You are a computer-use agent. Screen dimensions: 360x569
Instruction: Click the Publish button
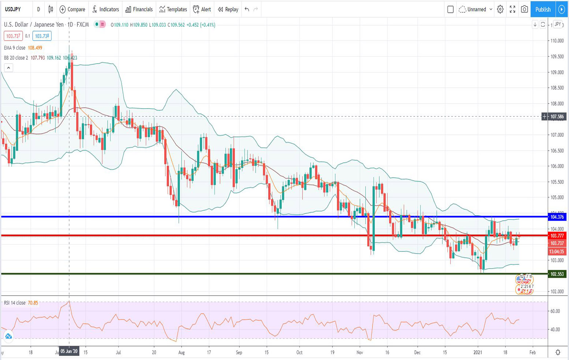tap(543, 10)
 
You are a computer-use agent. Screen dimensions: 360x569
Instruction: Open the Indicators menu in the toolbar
tap(105, 10)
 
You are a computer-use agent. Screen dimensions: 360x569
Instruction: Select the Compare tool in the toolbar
tap(72, 10)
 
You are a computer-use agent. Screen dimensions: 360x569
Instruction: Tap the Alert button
tap(202, 10)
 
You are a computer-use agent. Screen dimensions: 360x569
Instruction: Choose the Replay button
tap(228, 10)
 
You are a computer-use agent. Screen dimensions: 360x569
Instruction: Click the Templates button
tap(173, 10)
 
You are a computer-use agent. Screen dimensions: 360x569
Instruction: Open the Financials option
tap(139, 10)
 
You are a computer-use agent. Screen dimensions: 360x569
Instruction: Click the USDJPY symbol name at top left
tap(13, 10)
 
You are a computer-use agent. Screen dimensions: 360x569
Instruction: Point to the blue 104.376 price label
tap(557, 217)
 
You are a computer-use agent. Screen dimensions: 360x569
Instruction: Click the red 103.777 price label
tap(557, 236)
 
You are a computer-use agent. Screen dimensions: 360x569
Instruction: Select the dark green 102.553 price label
tap(557, 274)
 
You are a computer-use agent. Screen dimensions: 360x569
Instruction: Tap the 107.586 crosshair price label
tap(557, 117)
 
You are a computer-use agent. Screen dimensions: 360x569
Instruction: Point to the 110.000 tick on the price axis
tap(557, 41)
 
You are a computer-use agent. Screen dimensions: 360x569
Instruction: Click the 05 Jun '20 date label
tap(69, 351)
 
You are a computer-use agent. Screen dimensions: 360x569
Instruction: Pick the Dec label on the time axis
tap(417, 352)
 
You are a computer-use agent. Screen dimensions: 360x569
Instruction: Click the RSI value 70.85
tap(33, 303)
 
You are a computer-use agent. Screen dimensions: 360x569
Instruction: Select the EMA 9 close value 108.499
tap(35, 48)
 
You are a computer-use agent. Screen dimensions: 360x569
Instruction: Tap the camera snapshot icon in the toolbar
tap(524, 10)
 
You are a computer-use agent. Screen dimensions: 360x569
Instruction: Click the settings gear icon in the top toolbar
tap(500, 10)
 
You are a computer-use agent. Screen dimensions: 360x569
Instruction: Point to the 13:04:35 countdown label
tap(557, 251)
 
